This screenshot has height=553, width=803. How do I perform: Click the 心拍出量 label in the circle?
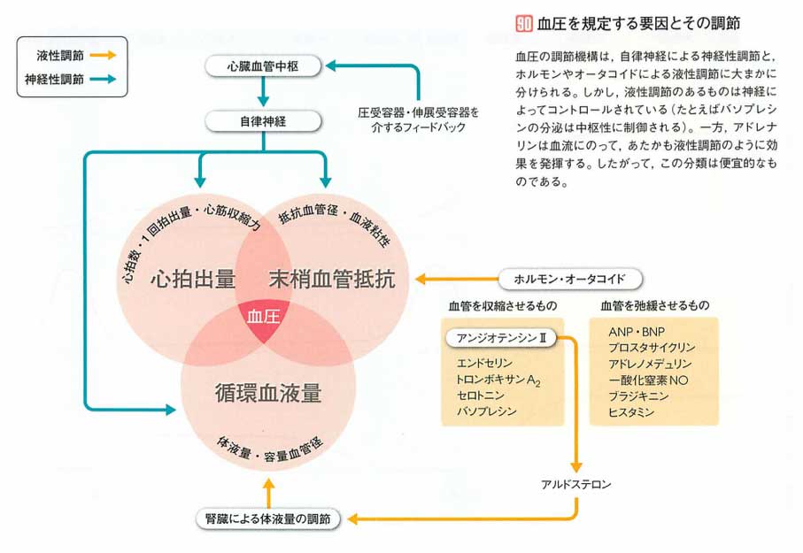192,279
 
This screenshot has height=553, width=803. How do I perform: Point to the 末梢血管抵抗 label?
331,279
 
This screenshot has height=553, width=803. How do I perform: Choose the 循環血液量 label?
267,393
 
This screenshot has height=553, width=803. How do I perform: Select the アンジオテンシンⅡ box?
502,339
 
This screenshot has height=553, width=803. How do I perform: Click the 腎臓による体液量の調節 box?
267,520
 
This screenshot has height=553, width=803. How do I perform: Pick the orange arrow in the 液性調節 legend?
103,55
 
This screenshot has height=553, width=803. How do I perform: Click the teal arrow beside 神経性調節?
103,79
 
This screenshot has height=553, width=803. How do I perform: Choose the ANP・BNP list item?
629,331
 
